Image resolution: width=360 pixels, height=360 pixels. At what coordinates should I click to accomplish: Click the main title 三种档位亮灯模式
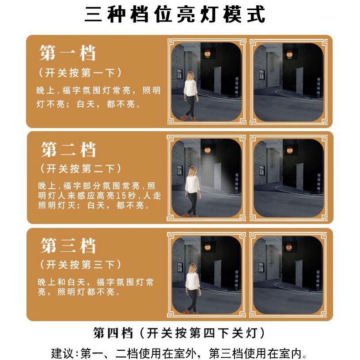(175, 14)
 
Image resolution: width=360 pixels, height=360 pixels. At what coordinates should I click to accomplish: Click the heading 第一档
(68, 53)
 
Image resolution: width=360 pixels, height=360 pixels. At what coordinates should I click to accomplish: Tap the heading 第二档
(68, 149)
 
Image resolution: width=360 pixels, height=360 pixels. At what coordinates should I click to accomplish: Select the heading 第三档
(68, 246)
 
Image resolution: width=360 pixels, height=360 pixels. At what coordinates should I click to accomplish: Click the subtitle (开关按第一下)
(80, 73)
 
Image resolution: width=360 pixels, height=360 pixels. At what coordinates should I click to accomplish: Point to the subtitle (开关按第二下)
(80, 169)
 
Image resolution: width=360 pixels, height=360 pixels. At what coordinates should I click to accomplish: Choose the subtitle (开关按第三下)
(80, 265)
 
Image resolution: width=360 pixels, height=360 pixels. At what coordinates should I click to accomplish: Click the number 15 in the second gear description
(121, 196)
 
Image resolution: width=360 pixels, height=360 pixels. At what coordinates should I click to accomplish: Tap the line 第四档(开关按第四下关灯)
(179, 333)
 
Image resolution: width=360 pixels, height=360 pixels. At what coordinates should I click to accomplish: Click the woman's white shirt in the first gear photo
(190, 88)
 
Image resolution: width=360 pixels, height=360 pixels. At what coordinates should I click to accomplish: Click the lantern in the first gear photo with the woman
(208, 54)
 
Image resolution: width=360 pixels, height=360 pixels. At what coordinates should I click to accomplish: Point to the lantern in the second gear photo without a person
(289, 150)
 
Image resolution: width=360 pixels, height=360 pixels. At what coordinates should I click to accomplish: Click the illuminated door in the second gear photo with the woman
(217, 176)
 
